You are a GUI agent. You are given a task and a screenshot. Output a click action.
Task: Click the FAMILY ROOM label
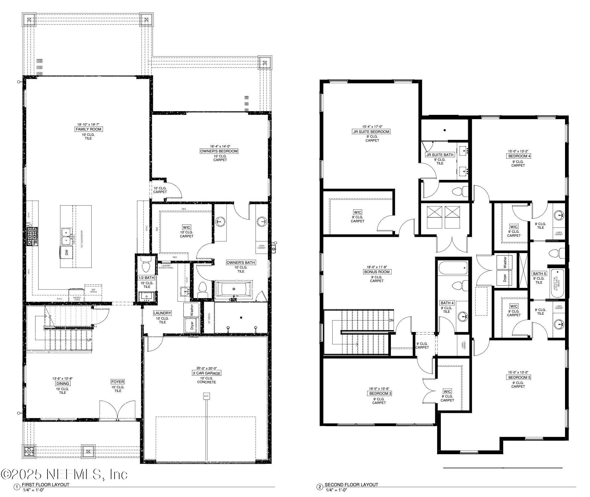pyautogui.click(x=88, y=129)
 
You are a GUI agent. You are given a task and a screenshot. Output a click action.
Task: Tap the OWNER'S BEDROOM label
pyautogui.click(x=219, y=151)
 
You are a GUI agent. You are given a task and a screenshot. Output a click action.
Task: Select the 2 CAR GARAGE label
pyautogui.click(x=207, y=373)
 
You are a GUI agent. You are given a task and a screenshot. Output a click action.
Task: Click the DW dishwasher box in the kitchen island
pyautogui.click(x=67, y=252)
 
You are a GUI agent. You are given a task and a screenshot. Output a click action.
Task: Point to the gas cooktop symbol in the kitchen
pyautogui.click(x=32, y=236)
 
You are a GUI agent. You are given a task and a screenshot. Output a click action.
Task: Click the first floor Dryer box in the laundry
pyautogui.click(x=191, y=325)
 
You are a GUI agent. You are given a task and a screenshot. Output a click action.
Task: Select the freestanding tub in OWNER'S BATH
pyautogui.click(x=233, y=289)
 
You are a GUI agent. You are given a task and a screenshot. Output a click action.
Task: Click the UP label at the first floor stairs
pyautogui.click(x=90, y=340)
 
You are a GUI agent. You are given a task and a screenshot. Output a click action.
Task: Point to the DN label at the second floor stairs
pyautogui.click(x=391, y=320)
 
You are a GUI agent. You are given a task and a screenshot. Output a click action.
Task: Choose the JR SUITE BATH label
pyautogui.click(x=440, y=155)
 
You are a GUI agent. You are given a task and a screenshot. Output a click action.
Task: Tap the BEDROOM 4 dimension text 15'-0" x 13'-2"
pyautogui.click(x=518, y=151)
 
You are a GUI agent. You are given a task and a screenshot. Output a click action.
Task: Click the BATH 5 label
pyautogui.click(x=539, y=273)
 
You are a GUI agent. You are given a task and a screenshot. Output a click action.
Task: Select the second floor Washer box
pyautogui.click(x=505, y=262)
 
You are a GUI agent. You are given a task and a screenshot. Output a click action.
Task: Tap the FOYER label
pyautogui.click(x=118, y=382)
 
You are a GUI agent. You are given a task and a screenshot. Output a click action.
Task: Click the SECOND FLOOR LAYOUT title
pyautogui.click(x=351, y=484)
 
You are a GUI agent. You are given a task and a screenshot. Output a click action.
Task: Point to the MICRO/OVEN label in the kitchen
pyautogui.click(x=77, y=299)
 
